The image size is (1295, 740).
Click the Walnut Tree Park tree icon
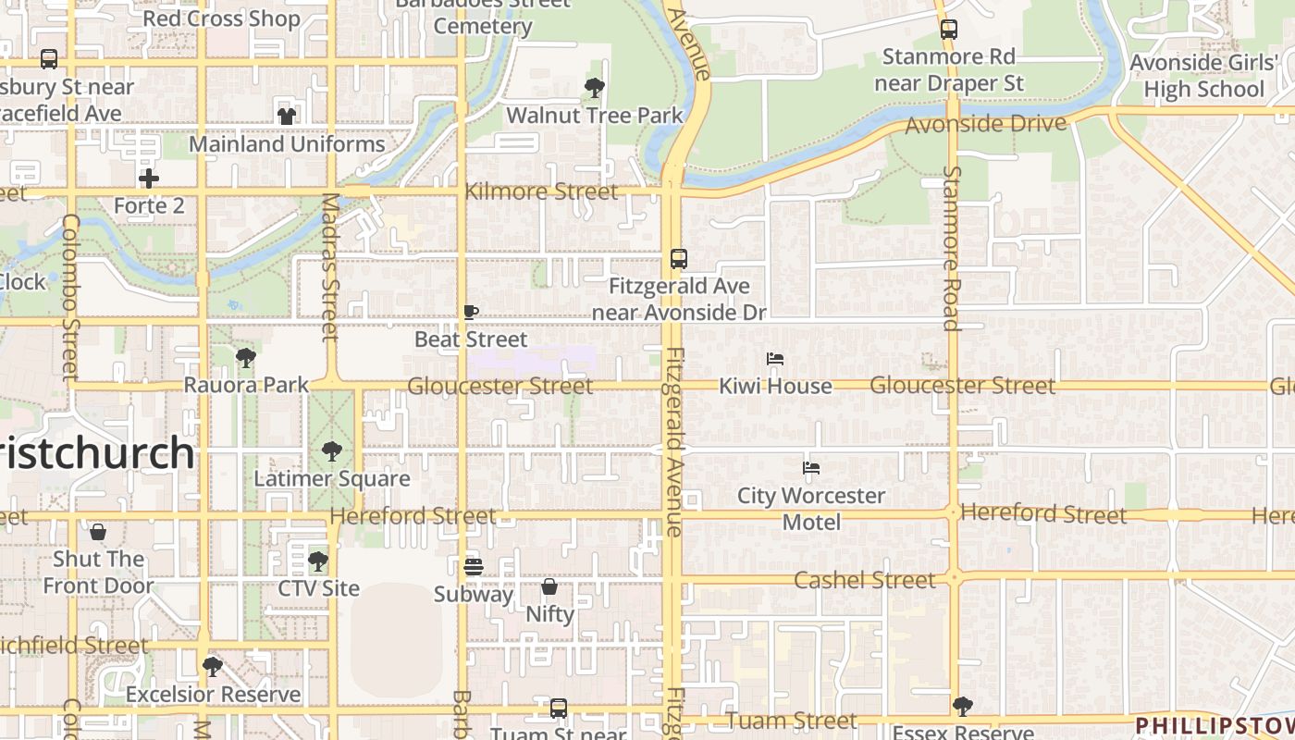coord(595,88)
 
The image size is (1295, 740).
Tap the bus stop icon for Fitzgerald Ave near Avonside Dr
coord(679,259)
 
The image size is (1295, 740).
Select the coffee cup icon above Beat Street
coord(470,313)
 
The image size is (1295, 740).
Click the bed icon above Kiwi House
coord(775,359)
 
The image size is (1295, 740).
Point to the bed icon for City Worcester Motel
coord(811,468)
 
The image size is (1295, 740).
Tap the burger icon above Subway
coord(474,566)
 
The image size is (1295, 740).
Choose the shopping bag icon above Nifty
coord(549,586)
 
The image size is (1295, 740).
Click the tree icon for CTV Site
coord(318,561)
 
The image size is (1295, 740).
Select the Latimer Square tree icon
coord(331,451)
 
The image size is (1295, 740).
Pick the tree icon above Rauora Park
coord(245,357)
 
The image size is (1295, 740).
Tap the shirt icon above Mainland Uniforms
coord(287,117)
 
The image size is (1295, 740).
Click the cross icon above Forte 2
coord(149,178)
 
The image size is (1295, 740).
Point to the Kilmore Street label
coord(541,191)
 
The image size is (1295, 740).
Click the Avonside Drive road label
coord(985,124)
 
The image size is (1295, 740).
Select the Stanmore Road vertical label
coord(951,248)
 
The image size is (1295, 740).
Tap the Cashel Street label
coord(865,580)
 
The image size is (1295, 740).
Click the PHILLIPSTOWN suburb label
coord(1214,724)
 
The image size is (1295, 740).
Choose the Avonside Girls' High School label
coord(1203,76)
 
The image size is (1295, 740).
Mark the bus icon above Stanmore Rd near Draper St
coord(949,29)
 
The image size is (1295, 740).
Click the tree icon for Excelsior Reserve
coord(213,667)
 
